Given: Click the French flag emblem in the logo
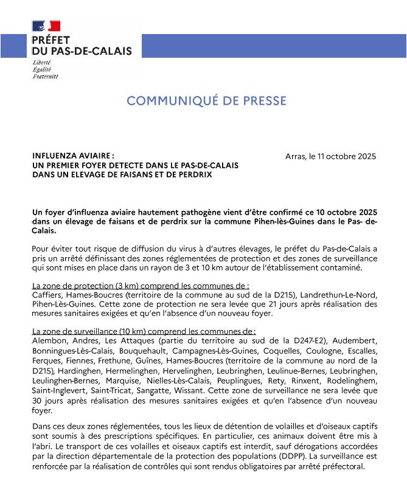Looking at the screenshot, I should click(46, 26).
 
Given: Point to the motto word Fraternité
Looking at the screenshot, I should click(46, 77).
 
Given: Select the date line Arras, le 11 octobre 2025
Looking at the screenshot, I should click(330, 156).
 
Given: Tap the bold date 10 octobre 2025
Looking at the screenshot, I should click(344, 212).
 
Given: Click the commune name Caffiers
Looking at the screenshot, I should click(47, 294).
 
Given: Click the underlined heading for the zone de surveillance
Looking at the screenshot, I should click(144, 331).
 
